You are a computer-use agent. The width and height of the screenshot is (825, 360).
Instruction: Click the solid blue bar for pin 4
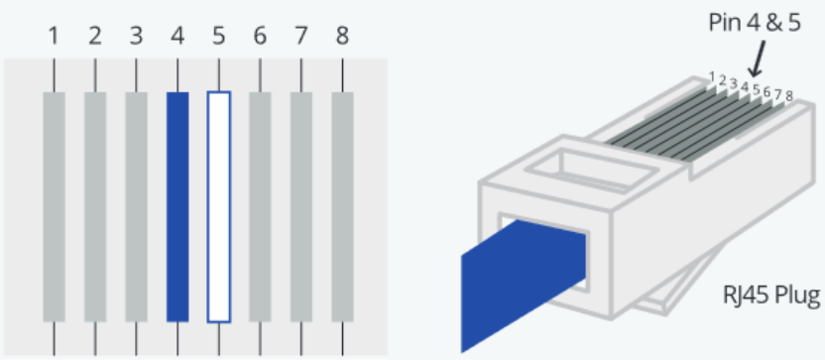177,207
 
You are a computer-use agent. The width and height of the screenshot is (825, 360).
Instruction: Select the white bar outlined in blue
219,207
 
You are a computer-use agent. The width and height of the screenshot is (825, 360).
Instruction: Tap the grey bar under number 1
54,207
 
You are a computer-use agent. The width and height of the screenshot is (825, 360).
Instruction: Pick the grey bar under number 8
342,207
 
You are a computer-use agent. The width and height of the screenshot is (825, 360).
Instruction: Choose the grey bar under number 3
136,207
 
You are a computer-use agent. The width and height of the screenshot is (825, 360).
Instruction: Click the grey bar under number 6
260,207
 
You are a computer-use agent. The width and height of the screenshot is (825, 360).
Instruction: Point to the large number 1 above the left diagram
54,37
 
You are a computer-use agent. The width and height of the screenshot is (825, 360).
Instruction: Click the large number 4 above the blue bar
177,37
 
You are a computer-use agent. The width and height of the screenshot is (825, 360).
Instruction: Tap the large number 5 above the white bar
219,37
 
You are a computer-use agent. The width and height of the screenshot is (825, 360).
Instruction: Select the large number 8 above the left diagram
342,37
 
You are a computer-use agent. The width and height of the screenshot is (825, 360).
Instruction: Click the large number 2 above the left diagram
95,37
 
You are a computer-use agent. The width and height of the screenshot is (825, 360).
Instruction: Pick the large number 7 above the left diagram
301,37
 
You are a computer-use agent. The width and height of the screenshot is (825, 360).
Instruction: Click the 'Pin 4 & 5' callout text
755,23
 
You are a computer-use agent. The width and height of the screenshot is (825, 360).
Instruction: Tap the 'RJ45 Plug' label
771,296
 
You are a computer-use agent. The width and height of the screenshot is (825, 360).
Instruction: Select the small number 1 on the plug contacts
712,76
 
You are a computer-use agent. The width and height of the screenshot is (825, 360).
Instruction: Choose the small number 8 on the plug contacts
788,96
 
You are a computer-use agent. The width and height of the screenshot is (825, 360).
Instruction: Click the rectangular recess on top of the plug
594,169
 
